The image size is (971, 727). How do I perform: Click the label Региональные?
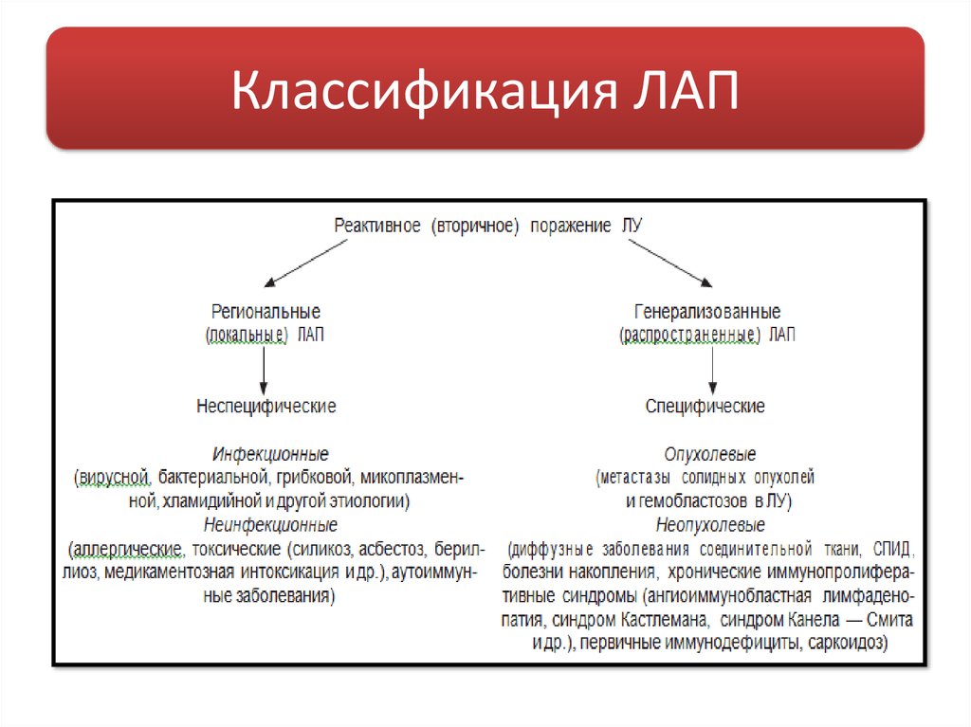click(x=266, y=312)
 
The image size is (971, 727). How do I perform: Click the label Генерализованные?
click(x=707, y=312)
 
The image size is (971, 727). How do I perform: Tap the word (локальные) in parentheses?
click(x=247, y=335)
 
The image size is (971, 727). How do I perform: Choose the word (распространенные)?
click(x=689, y=335)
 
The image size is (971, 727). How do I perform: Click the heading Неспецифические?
click(x=266, y=406)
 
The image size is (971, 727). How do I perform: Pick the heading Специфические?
click(x=705, y=406)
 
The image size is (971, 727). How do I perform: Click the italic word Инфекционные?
click(x=271, y=454)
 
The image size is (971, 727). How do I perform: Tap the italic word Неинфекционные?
click(x=270, y=524)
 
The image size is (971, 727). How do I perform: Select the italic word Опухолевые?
click(x=710, y=454)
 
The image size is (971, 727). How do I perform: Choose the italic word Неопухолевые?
click(x=710, y=524)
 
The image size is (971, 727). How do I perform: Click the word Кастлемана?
click(x=664, y=621)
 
